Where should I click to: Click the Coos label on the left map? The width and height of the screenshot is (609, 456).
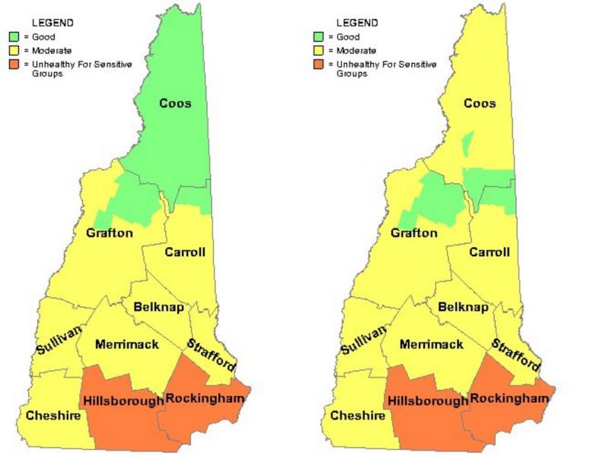coord(175,103)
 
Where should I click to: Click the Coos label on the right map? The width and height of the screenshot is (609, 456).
coord(480,103)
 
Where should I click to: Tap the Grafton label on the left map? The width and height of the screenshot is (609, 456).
coord(110,233)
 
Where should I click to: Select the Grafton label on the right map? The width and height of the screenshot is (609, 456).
coord(414,233)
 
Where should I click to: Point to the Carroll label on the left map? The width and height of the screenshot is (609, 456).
coord(185,252)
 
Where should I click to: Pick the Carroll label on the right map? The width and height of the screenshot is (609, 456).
coord(489,252)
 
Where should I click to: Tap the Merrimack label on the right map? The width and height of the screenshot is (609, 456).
coord(431,344)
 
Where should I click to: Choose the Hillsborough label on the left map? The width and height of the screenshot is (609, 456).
coord(123,401)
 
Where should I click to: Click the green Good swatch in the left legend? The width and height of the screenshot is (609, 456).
coord(14,36)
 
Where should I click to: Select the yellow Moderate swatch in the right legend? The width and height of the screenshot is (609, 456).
coord(318,50)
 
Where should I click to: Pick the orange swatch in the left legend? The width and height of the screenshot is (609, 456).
coord(14,65)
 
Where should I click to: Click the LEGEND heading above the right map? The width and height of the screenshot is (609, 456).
coord(356,24)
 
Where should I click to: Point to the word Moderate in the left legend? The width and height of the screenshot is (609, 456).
coord(53,50)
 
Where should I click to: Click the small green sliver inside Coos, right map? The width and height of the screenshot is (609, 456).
coord(468,143)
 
